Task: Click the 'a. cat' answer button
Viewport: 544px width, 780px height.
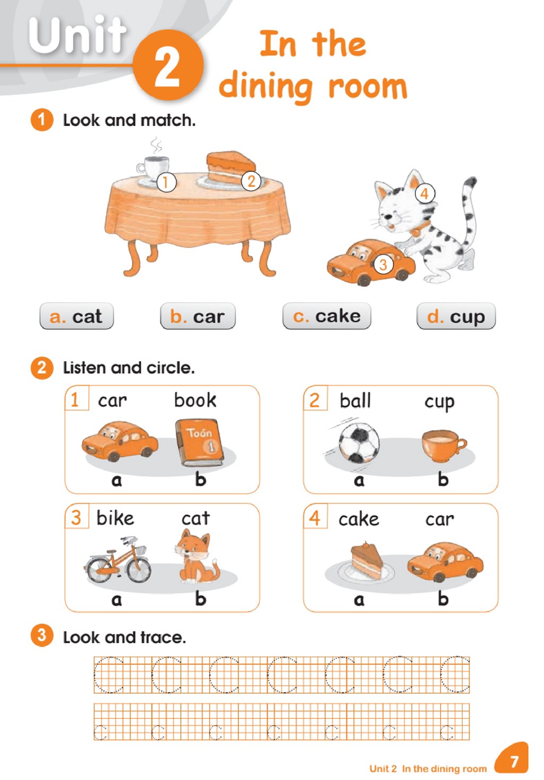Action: pyautogui.click(x=76, y=316)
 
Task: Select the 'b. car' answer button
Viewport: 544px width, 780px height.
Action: pyautogui.click(x=198, y=316)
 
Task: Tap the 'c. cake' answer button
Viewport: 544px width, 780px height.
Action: pyautogui.click(x=327, y=316)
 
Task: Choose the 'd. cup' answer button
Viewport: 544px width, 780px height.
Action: pyautogui.click(x=456, y=316)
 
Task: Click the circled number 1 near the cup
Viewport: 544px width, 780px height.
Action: pyautogui.click(x=166, y=182)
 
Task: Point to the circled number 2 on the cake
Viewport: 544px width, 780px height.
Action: pyautogui.click(x=251, y=181)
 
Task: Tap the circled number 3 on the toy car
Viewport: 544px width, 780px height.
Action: pyautogui.click(x=384, y=265)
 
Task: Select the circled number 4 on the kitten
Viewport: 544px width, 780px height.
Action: pyautogui.click(x=424, y=193)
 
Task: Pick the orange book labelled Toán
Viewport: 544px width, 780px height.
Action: pyautogui.click(x=199, y=442)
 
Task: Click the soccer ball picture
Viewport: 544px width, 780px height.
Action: pyautogui.click(x=359, y=443)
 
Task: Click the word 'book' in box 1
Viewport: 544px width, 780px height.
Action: pyautogui.click(x=195, y=400)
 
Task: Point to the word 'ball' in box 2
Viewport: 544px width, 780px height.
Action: pyautogui.click(x=355, y=400)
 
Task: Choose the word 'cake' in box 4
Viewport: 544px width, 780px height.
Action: pyautogui.click(x=359, y=519)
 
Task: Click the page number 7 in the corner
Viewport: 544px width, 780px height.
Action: pyautogui.click(x=514, y=761)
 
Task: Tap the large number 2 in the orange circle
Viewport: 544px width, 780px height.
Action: pyautogui.click(x=167, y=66)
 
